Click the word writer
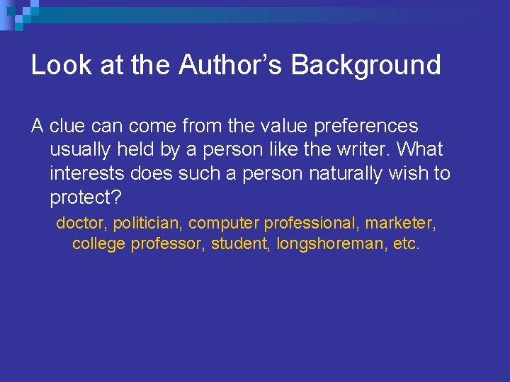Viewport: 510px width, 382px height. (x=356, y=150)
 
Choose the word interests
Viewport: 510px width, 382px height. (x=86, y=173)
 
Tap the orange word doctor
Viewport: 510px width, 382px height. (x=80, y=223)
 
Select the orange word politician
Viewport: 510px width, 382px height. (x=146, y=223)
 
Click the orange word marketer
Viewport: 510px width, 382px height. (x=400, y=223)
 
